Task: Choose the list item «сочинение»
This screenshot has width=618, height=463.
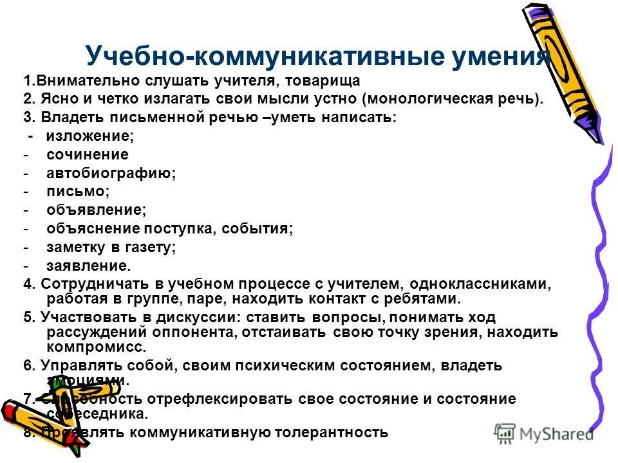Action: pyautogui.click(x=88, y=154)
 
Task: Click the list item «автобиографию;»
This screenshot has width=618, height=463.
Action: pyautogui.click(x=111, y=173)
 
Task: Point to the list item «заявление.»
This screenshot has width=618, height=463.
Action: pyautogui.click(x=89, y=266)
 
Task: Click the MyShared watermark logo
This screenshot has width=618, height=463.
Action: pyautogui.click(x=544, y=433)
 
